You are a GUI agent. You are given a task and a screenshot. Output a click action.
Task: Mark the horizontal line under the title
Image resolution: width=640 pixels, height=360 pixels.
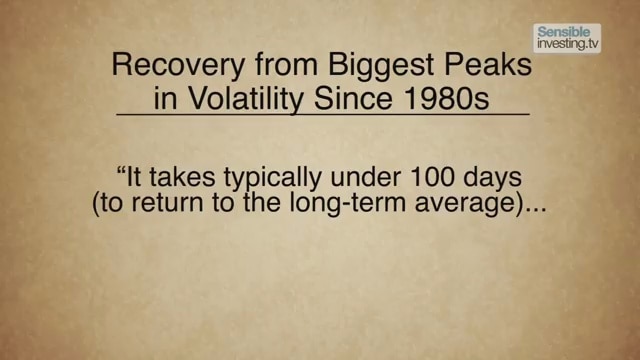tap(323, 118)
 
